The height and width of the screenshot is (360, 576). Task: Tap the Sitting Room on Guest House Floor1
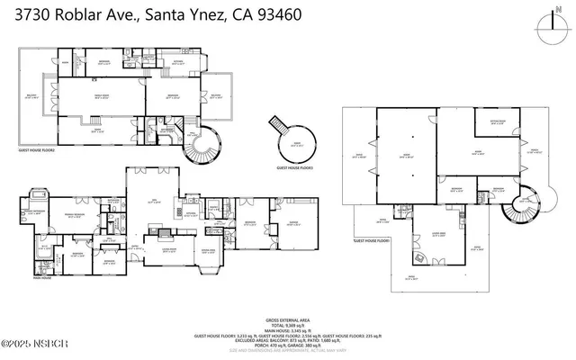coord(497,124)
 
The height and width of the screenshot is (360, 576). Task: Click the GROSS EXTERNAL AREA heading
coord(288,319)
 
